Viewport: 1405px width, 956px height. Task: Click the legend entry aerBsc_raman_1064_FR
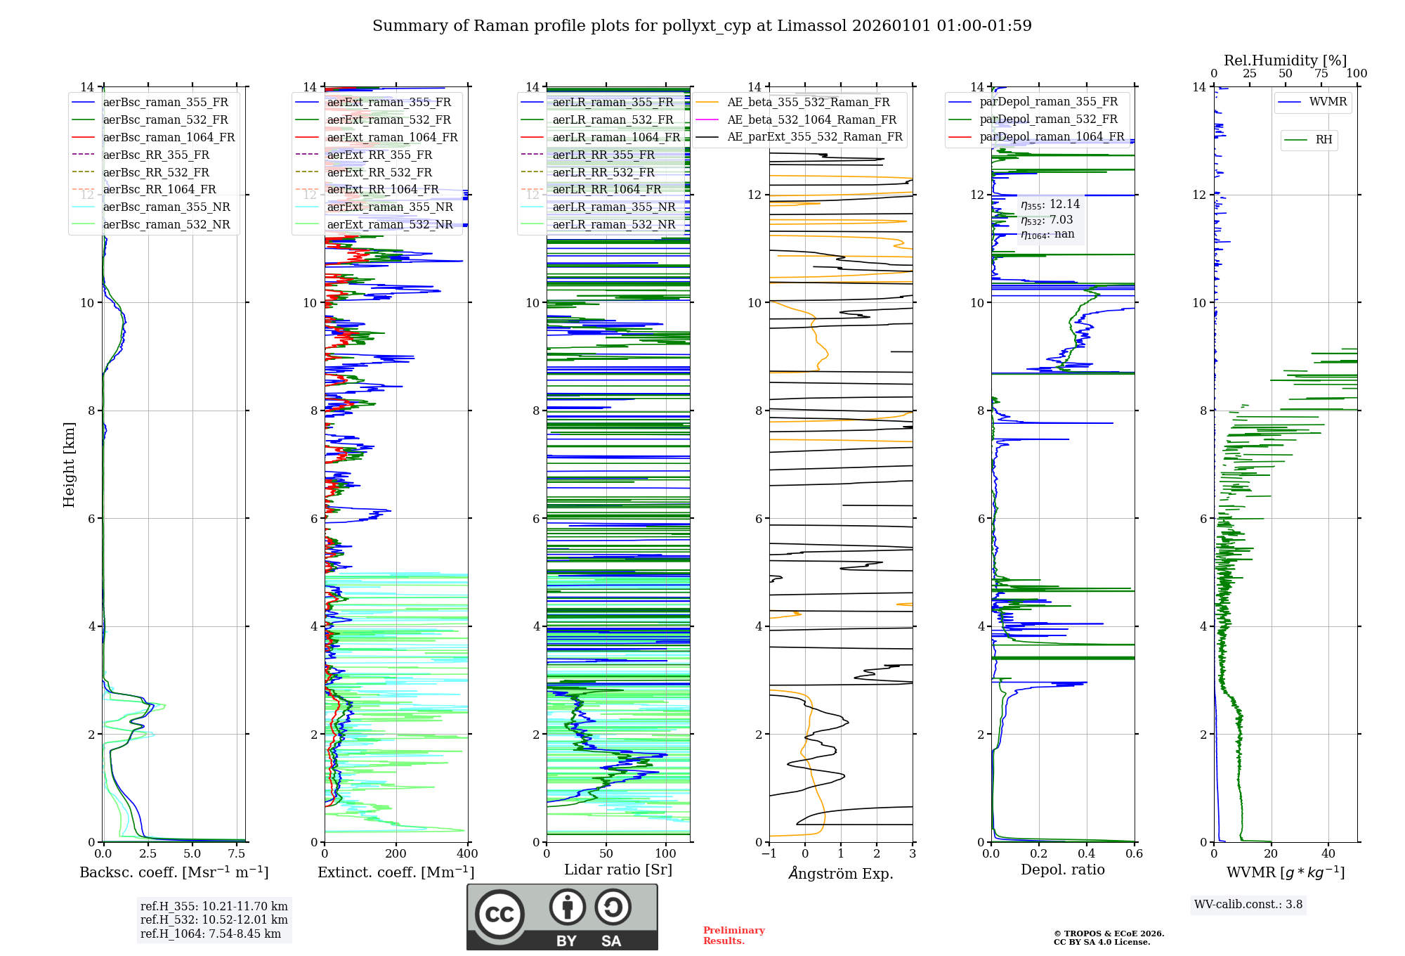coord(169,137)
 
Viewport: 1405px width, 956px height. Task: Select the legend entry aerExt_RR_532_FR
coord(379,172)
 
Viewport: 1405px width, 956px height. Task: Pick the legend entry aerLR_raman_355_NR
coord(613,207)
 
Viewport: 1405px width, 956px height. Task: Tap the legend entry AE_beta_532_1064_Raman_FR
coord(811,119)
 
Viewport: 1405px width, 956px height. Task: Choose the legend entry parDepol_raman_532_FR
coord(1048,119)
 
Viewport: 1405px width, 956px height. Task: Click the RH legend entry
coord(1324,140)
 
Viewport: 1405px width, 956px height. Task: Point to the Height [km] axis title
coord(69,464)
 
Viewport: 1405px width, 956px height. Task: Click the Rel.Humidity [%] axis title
coord(1285,60)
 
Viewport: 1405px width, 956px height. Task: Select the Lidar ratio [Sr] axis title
coord(618,870)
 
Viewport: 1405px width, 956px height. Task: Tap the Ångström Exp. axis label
coord(841,873)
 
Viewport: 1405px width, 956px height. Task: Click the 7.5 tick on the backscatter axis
coord(237,854)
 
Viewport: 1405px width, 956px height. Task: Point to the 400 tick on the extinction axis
coord(467,854)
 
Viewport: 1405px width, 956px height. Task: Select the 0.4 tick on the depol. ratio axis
coord(1087,854)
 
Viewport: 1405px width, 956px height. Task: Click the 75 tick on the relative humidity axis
coord(1321,74)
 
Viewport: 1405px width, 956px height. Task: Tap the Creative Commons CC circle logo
coord(499,914)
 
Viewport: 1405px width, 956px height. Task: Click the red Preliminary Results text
coord(733,936)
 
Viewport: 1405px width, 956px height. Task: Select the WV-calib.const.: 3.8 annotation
coord(1248,905)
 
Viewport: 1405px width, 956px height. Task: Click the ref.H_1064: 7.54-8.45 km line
coord(210,934)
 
